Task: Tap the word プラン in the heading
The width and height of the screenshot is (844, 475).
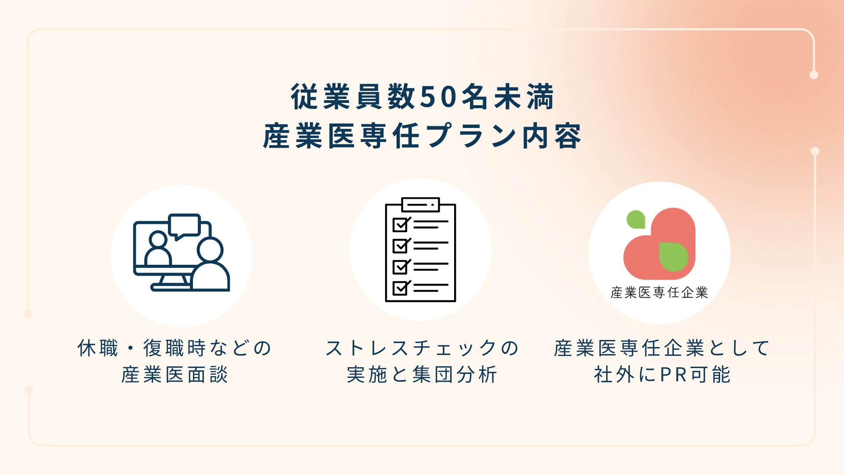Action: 471,136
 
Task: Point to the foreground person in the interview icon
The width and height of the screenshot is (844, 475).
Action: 210,264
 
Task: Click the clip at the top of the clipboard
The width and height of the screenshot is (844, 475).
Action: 421,205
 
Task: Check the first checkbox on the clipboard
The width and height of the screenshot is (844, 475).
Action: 401,224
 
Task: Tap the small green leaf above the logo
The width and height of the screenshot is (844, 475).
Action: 636,219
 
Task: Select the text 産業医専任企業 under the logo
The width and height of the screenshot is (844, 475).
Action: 659,292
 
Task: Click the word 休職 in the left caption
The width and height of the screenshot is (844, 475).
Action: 98,348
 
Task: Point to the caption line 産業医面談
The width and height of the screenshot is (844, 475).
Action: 175,375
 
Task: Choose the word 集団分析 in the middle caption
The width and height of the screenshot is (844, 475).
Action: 455,375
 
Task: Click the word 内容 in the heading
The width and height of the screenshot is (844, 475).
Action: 552,136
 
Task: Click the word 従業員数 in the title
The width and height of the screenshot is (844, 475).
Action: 353,97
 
